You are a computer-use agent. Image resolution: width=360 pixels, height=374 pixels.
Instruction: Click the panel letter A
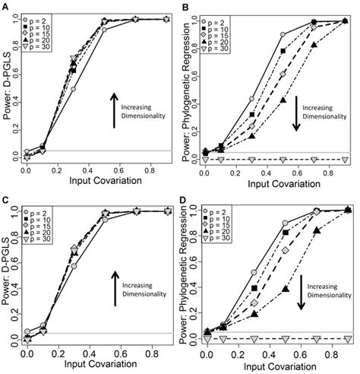coord(5,6)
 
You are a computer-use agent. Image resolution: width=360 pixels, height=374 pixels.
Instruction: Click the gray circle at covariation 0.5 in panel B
coord(283,35)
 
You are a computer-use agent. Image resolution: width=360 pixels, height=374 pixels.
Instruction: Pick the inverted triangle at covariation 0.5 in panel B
coord(283,159)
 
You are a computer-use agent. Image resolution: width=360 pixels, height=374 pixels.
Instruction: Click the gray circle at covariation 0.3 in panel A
coord(73,88)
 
